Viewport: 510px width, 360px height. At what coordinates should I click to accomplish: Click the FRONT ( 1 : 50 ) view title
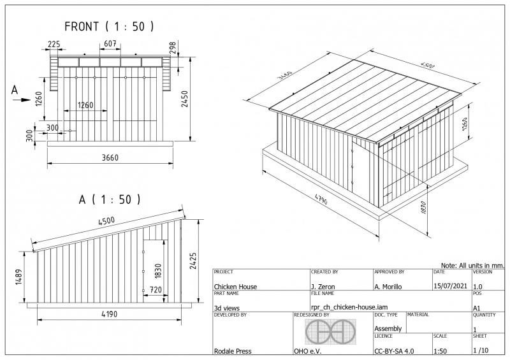(x=110, y=27)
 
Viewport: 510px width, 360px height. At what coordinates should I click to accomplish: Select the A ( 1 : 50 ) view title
(x=110, y=199)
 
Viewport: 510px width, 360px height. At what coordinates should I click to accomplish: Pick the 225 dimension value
(x=54, y=45)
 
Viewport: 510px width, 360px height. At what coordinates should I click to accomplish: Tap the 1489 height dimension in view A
(x=19, y=277)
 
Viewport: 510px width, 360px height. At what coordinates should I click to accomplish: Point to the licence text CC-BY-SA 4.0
(x=394, y=350)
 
